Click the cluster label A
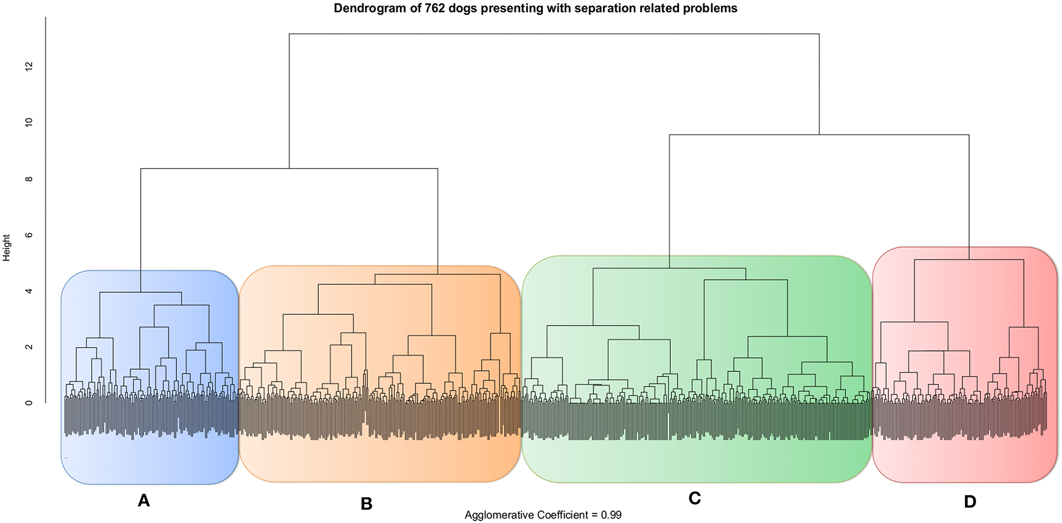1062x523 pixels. (144, 500)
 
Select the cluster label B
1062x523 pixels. (366, 504)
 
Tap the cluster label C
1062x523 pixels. (694, 498)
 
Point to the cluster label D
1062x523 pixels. (970, 502)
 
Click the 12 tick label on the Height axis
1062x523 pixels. (28, 66)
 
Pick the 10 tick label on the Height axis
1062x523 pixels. (28, 122)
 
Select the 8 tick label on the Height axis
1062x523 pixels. (28, 179)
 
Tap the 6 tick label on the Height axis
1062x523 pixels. (28, 235)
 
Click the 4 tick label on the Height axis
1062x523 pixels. (28, 291)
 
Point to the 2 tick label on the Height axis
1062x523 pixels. (28, 347)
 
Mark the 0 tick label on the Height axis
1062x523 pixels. (28, 403)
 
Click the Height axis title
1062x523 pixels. (7, 248)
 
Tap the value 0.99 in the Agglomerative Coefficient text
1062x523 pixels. (611, 515)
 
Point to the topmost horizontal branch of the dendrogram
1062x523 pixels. (554, 34)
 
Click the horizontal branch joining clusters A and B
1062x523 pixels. (289, 169)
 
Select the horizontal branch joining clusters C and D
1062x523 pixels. (819, 135)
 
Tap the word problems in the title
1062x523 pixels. (714, 8)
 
